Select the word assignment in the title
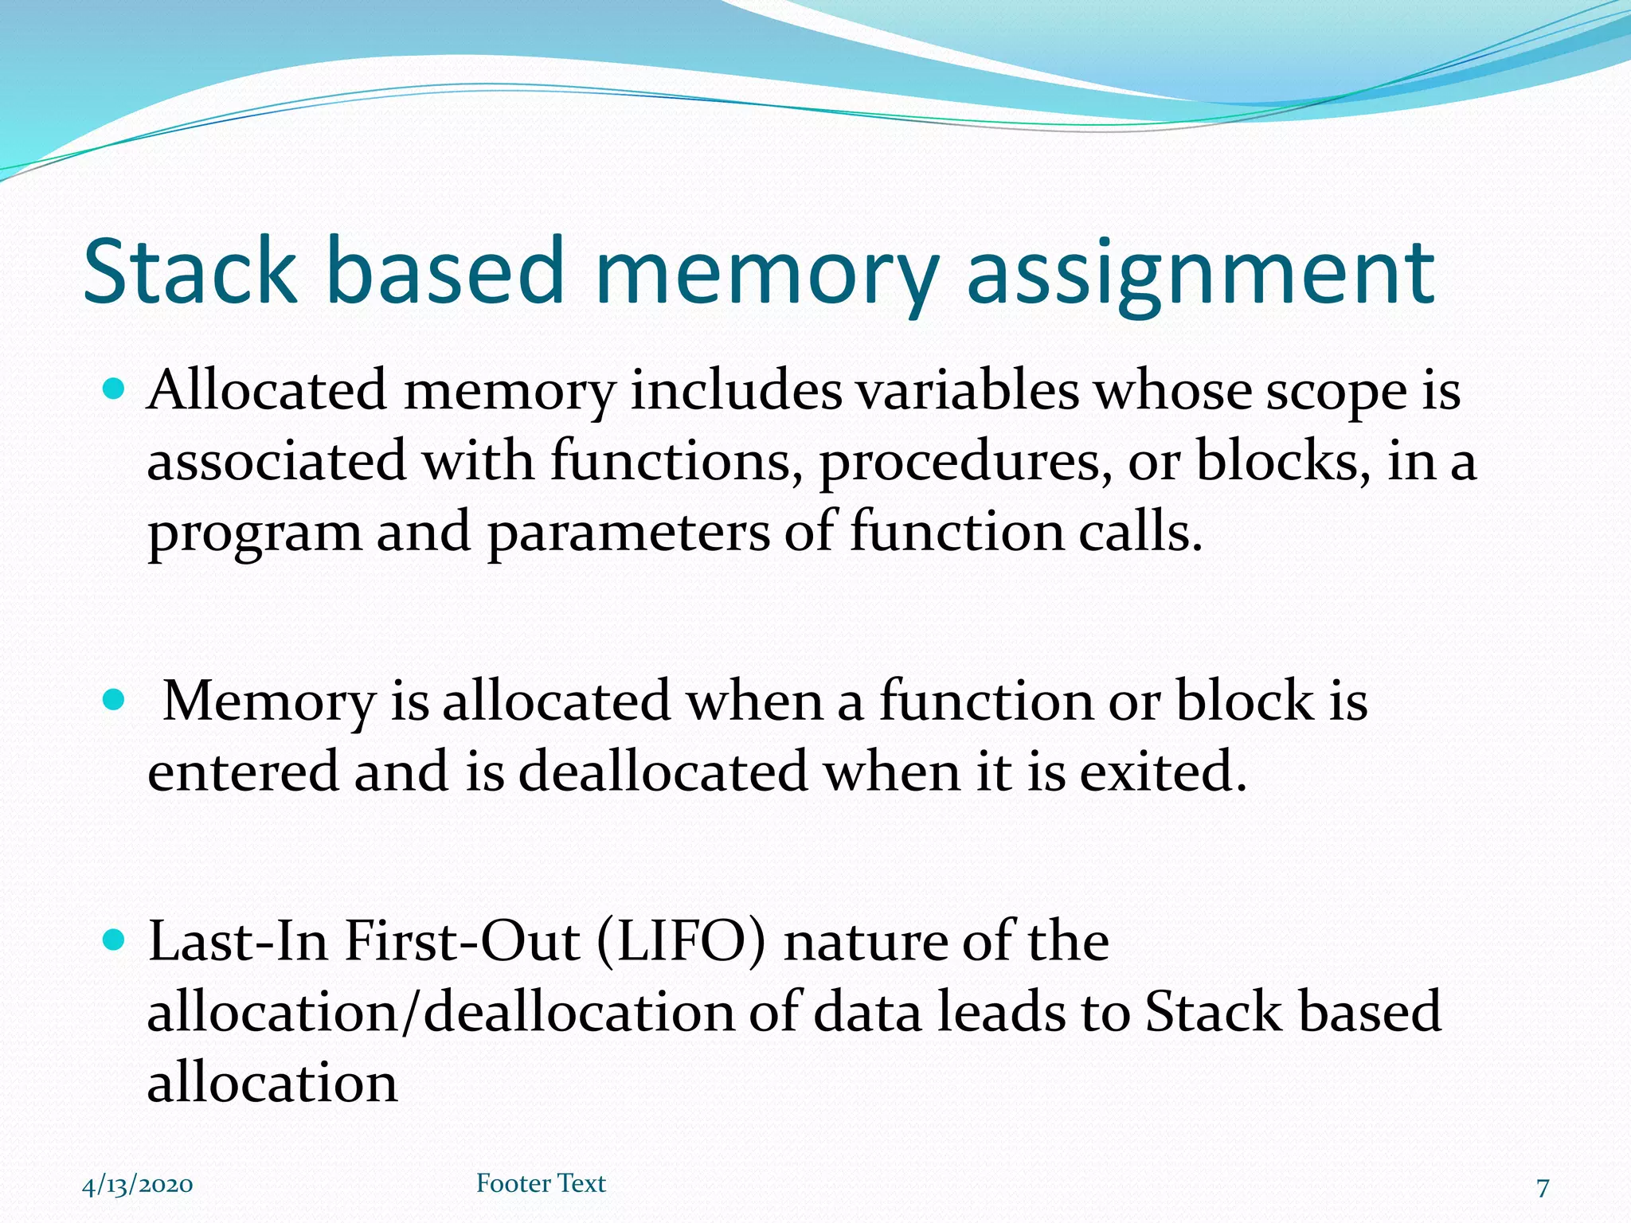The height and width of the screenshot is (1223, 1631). coord(1200,275)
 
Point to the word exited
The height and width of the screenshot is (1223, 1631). coord(1162,772)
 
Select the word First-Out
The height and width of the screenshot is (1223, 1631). coord(462,942)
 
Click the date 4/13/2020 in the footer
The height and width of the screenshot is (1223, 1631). coord(137,1185)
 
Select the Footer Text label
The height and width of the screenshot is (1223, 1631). coord(541,1183)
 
